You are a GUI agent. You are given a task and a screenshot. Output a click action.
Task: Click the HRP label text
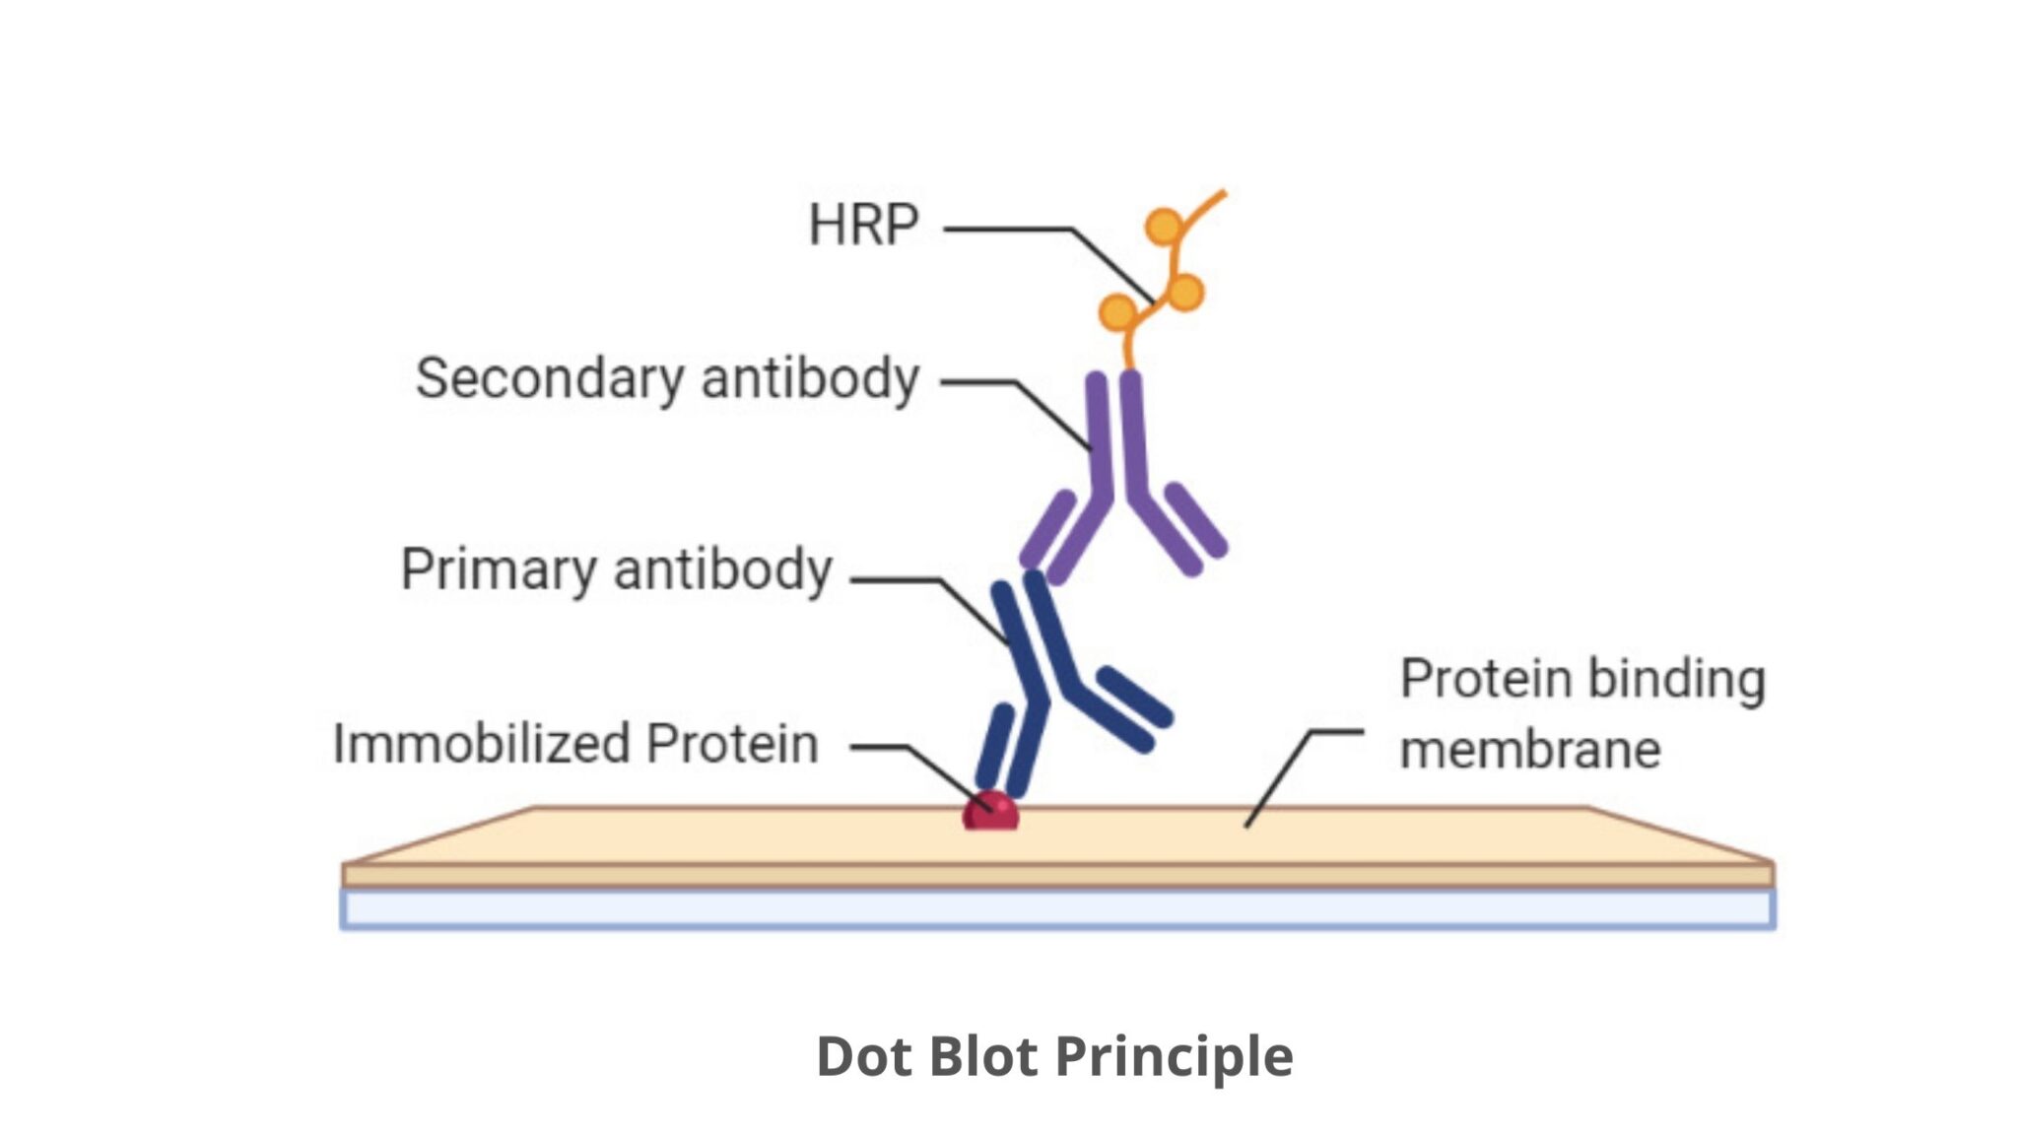pyautogui.click(x=863, y=226)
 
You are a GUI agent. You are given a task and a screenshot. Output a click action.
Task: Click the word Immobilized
pyautogui.click(x=480, y=744)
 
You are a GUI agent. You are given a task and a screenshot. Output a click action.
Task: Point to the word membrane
pyautogui.click(x=1530, y=750)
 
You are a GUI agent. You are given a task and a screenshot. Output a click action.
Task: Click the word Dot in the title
pyautogui.click(x=863, y=1056)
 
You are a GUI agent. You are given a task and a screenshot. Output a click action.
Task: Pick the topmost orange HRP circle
pyautogui.click(x=1164, y=227)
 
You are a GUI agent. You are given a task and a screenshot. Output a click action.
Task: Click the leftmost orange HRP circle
pyautogui.click(x=1117, y=312)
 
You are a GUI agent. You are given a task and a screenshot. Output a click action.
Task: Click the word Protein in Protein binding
pyautogui.click(x=1487, y=679)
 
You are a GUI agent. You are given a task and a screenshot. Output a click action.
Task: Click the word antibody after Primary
pyautogui.click(x=723, y=570)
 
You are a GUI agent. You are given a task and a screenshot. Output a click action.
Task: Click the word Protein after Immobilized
pyautogui.click(x=732, y=744)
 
